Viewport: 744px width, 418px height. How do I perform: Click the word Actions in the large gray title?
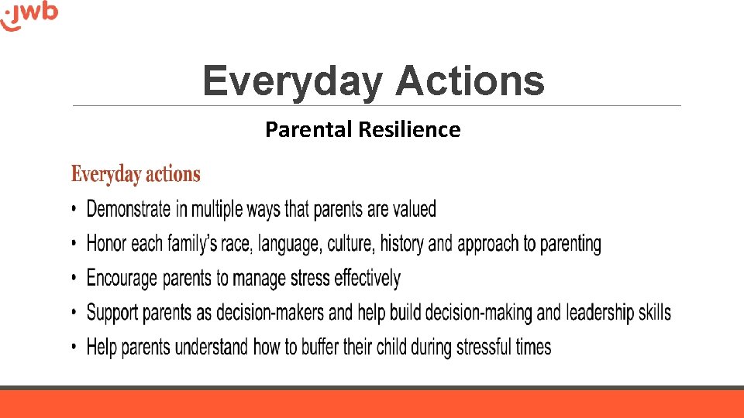[x=469, y=81]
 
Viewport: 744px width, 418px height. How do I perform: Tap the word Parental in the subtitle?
[x=309, y=129]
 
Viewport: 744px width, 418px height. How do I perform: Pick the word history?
[x=402, y=244]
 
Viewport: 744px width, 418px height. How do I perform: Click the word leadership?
[x=601, y=313]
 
